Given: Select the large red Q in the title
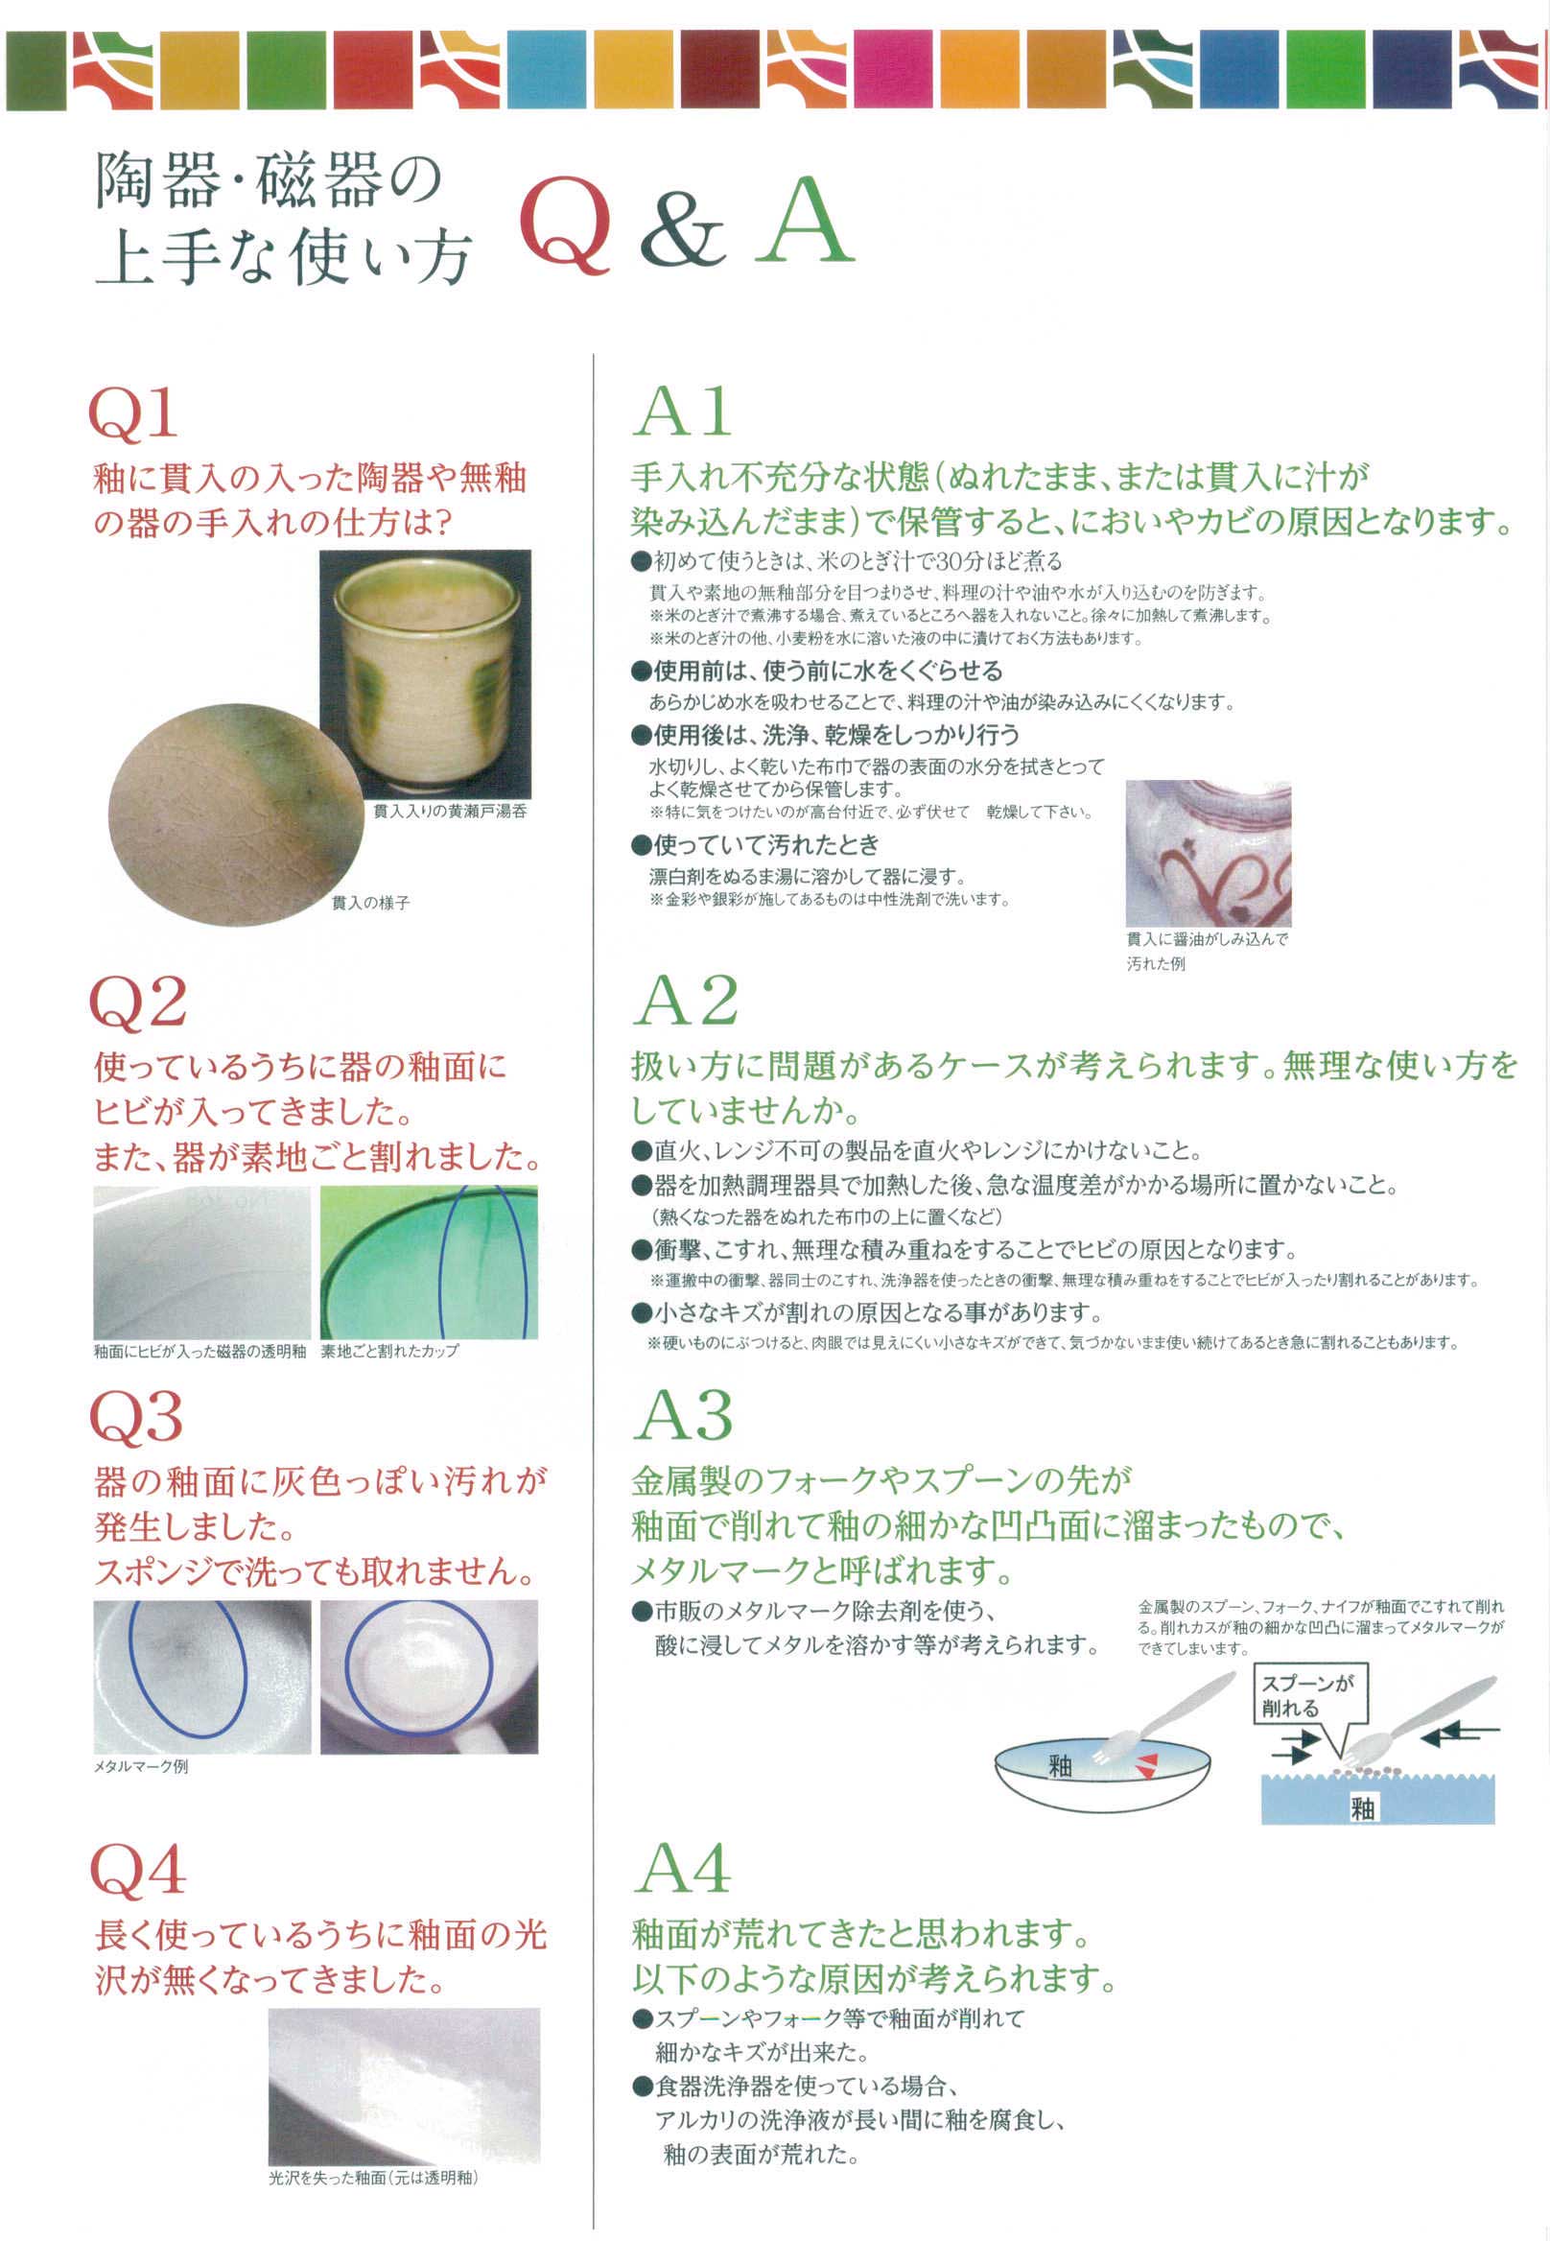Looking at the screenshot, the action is coord(566,224).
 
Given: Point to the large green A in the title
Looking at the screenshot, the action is coord(805,222).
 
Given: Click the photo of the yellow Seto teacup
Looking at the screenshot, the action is coord(425,674).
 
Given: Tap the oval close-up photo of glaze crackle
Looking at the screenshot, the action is coord(236,814).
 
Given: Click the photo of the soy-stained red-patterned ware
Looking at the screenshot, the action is coord(1209,853).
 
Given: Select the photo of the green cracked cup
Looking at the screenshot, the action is coord(430,1262).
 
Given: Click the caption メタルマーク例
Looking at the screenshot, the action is coord(141,1767).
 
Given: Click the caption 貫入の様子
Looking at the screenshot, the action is coord(370,904).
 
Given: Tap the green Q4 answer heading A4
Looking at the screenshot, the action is coord(683,1867).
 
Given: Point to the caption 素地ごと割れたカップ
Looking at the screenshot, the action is coord(389,1351).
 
